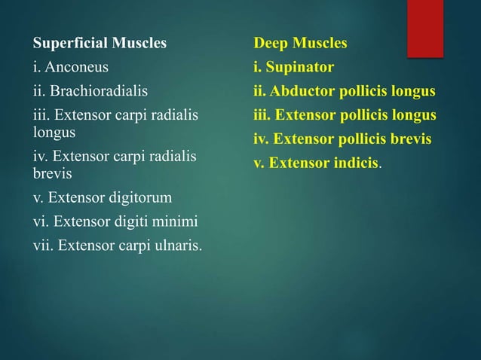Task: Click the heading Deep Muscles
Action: (300, 43)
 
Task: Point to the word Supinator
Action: (300, 68)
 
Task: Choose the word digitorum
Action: (141, 198)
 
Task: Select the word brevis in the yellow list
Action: (408, 139)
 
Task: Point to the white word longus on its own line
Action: (50, 133)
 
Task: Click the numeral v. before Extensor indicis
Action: (259, 163)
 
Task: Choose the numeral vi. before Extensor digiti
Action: (40, 221)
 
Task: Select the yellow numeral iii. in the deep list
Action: (262, 115)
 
